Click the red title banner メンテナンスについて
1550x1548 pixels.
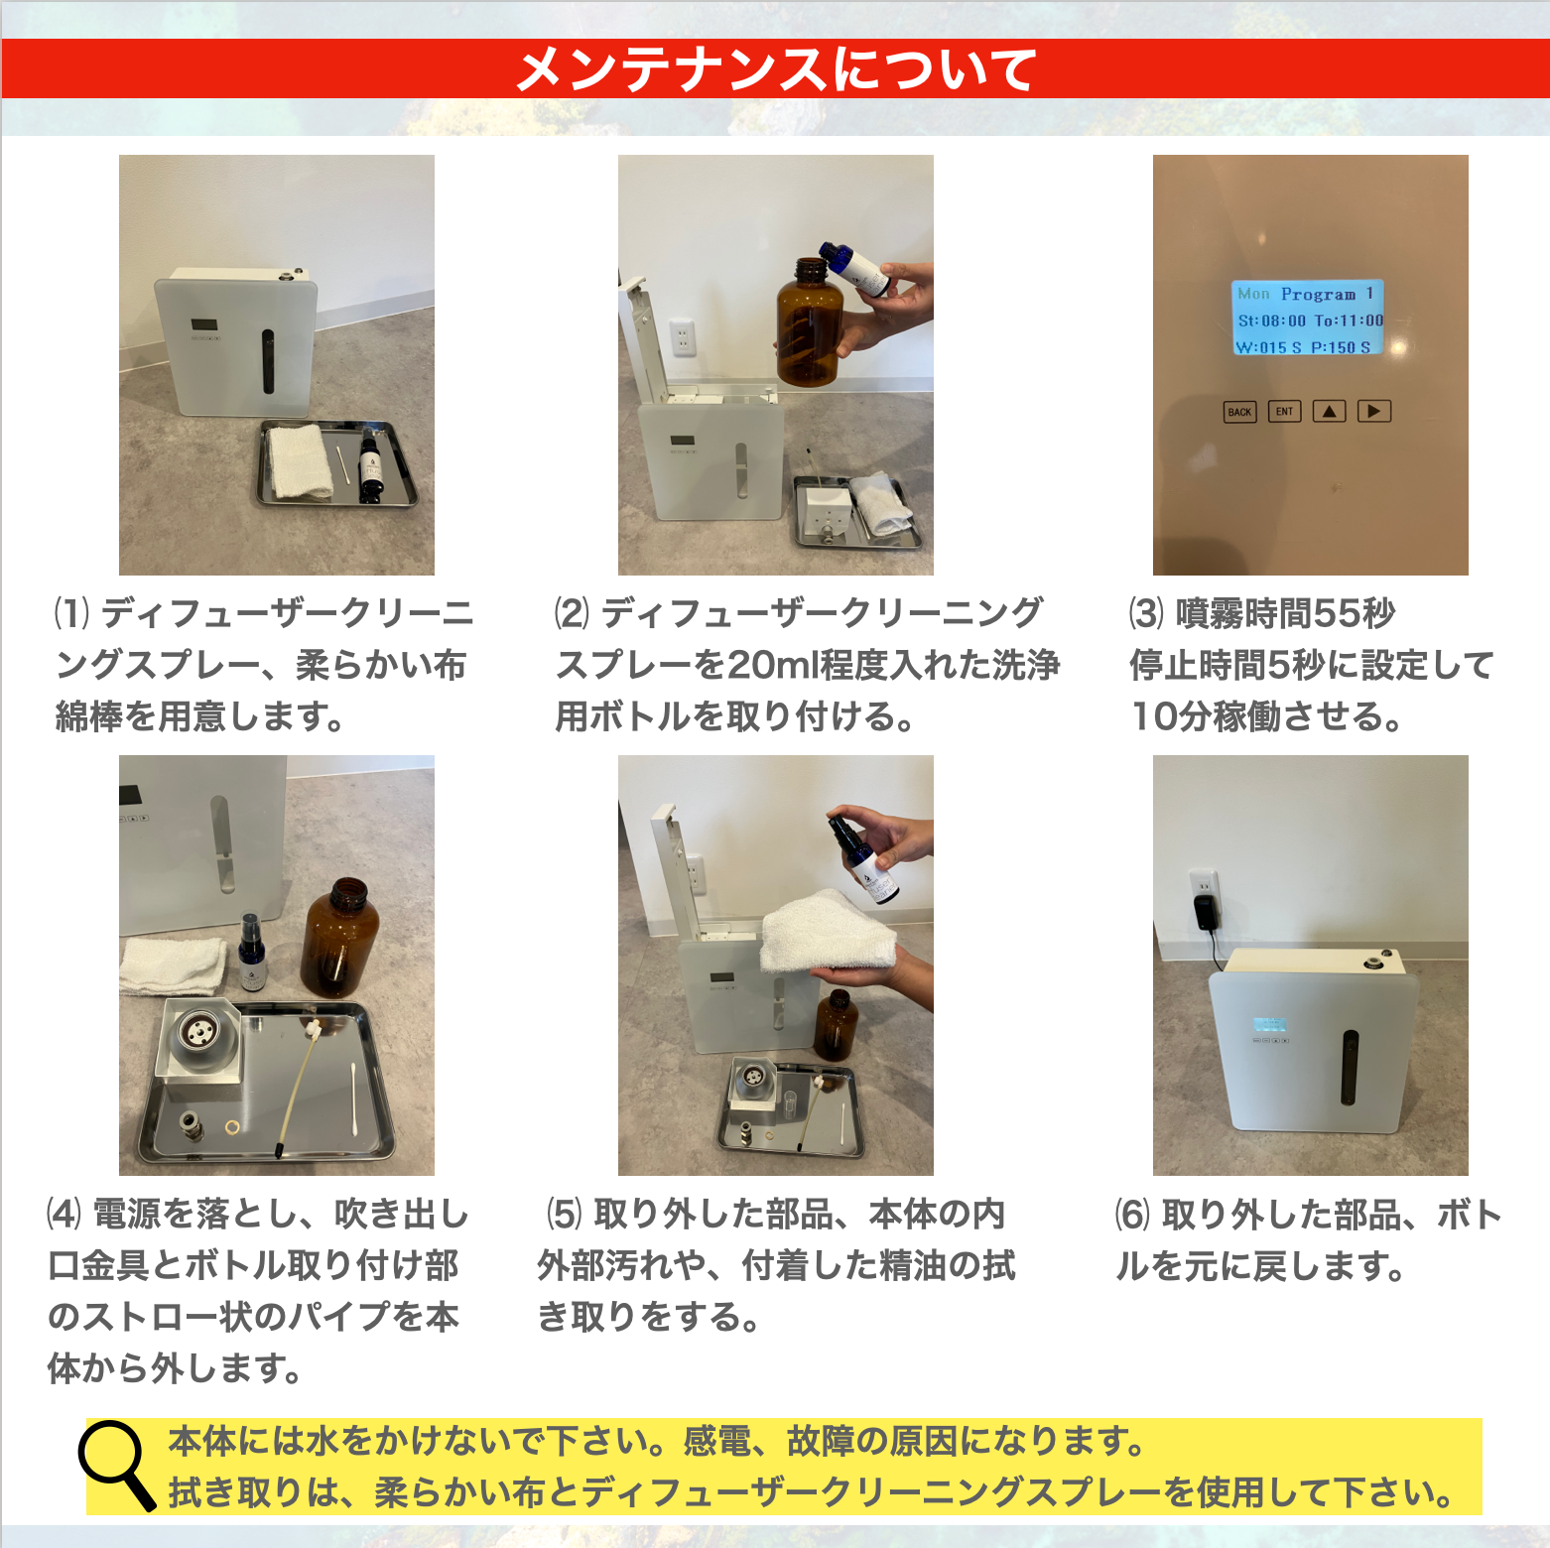pyautogui.click(x=775, y=68)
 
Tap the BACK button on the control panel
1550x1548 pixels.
pyautogui.click(x=1239, y=412)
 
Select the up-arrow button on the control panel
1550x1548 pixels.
pyautogui.click(x=1330, y=411)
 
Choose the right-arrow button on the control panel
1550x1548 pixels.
pyautogui.click(x=1374, y=411)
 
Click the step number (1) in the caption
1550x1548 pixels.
pyautogui.click(x=71, y=613)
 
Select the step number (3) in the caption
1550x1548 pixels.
pyautogui.click(x=1146, y=613)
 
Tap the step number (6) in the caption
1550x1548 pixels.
pyautogui.click(x=1132, y=1214)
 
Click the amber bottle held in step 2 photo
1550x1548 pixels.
pyautogui.click(x=810, y=322)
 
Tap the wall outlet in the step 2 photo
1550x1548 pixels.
pyautogui.click(x=682, y=337)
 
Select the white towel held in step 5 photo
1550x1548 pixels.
pyautogui.click(x=828, y=933)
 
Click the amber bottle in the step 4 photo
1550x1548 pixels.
pyautogui.click(x=339, y=938)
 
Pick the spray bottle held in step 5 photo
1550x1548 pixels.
pyautogui.click(x=862, y=858)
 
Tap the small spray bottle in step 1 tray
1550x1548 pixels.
pyautogui.click(x=371, y=464)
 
